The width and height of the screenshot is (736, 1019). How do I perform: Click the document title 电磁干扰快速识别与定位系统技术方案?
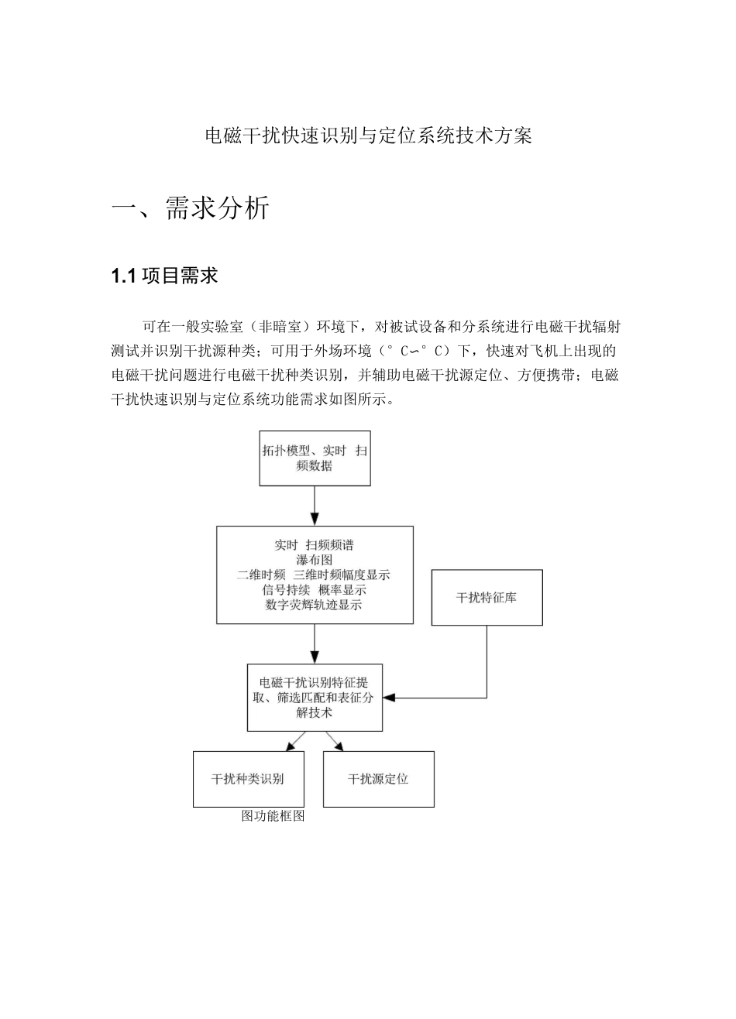368,137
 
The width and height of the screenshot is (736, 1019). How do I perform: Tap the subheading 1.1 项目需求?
165,276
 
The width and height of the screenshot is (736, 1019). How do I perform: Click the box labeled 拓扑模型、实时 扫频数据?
315,458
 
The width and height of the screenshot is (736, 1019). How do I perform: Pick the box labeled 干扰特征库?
487,598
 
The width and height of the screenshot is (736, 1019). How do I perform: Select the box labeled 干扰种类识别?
247,779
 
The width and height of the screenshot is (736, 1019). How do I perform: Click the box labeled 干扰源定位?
378,779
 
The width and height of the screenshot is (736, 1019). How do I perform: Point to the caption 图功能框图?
273,816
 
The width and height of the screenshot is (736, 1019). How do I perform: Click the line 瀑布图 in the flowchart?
314,560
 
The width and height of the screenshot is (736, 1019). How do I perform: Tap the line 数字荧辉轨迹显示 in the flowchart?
314,605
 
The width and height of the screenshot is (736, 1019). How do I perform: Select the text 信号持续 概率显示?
314,590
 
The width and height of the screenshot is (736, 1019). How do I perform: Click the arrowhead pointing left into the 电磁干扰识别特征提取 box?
390,698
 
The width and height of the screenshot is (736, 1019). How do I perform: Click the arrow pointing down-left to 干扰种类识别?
292,744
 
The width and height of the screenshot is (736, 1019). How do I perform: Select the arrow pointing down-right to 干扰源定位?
336,744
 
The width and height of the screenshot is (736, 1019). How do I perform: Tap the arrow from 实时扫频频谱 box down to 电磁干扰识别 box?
315,643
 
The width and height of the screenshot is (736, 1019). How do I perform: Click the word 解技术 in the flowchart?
314,712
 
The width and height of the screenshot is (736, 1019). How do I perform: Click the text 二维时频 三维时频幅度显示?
314,575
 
